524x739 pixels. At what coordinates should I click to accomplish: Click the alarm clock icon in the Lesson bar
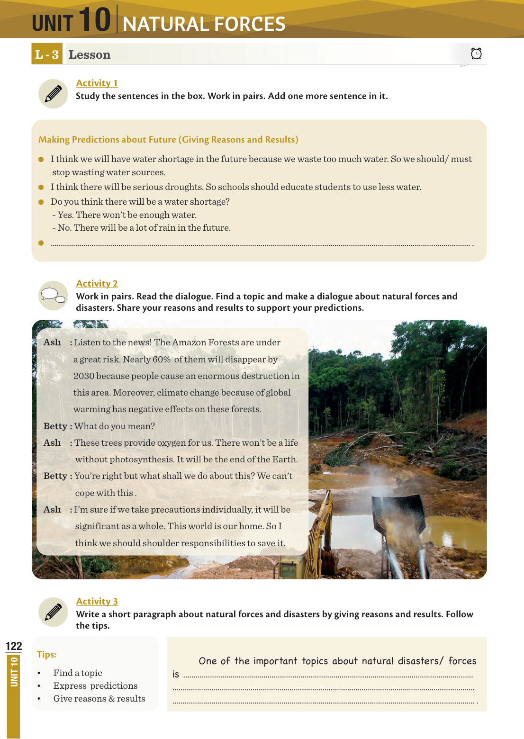pos(476,54)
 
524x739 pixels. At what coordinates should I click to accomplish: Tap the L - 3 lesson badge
pos(47,54)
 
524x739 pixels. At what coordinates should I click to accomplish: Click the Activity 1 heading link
pos(97,83)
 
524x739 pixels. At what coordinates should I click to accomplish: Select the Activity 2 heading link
pos(97,283)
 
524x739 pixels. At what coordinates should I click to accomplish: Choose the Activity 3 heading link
pos(97,601)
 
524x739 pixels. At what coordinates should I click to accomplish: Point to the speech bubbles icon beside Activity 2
pos(53,296)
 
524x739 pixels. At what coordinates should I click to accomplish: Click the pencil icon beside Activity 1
pos(53,94)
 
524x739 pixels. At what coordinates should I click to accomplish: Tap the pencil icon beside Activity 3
pos(53,612)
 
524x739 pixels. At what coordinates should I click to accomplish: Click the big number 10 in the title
pos(94,20)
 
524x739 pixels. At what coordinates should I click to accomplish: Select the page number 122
pos(14,646)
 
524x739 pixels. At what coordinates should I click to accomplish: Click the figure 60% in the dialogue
pos(162,360)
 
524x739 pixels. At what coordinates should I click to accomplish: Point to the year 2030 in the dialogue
pos(84,376)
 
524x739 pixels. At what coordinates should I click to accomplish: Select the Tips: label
pos(46,654)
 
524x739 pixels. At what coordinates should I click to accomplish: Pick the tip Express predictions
pos(95,686)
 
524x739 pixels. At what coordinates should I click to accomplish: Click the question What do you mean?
pos(115,426)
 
